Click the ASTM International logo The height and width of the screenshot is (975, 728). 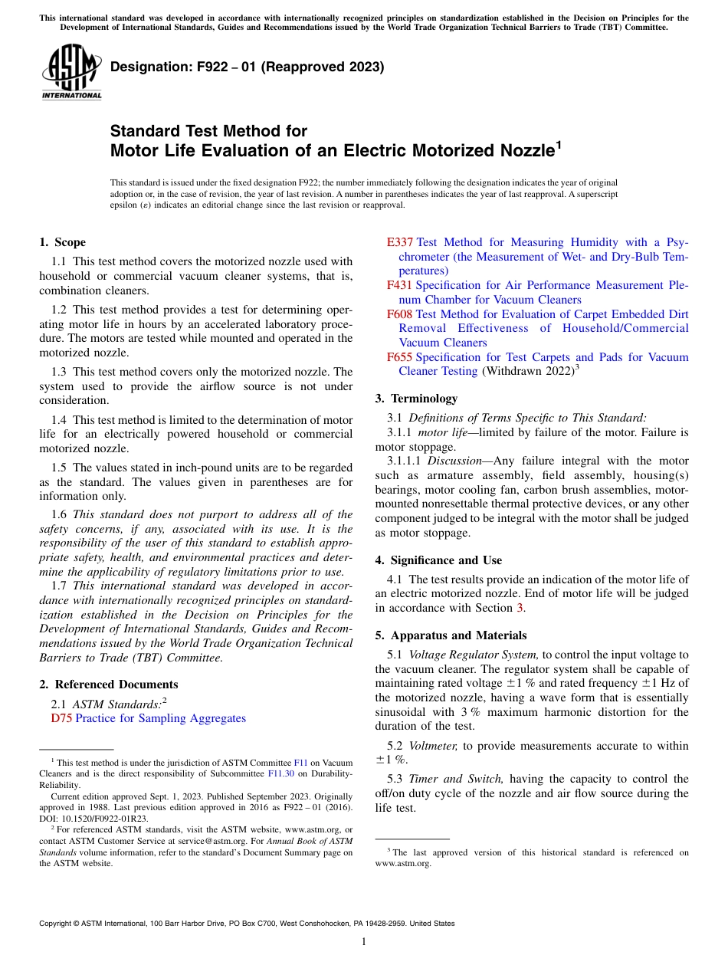coord(71,73)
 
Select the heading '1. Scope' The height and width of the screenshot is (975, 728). coord(63,242)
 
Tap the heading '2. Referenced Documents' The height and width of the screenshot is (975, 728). coord(109,684)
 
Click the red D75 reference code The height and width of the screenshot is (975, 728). coord(61,718)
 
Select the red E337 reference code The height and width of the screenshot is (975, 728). coord(400,242)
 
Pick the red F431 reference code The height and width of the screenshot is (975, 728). coord(399,285)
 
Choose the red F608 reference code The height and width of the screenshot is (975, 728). coord(399,314)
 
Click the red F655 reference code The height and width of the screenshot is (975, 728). coord(399,357)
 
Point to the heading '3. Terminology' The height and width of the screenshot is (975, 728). coord(416,399)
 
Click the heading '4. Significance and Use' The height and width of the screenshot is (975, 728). coord(438,560)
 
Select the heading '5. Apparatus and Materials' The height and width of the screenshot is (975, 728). coord(451,635)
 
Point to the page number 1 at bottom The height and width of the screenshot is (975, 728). coord(364,942)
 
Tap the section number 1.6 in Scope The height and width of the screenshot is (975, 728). coord(60,514)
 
